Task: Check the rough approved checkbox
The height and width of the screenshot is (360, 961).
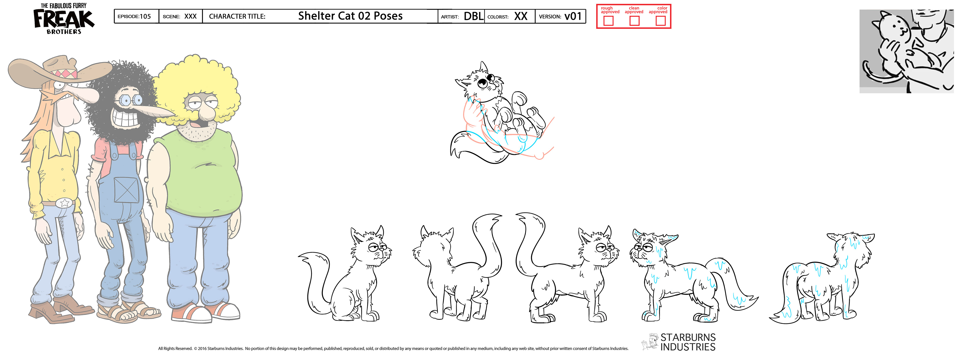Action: [608, 21]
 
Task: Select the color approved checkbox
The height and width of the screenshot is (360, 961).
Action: [660, 21]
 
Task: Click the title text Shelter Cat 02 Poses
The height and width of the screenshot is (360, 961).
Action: [350, 16]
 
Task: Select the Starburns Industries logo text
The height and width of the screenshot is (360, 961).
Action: [688, 342]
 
